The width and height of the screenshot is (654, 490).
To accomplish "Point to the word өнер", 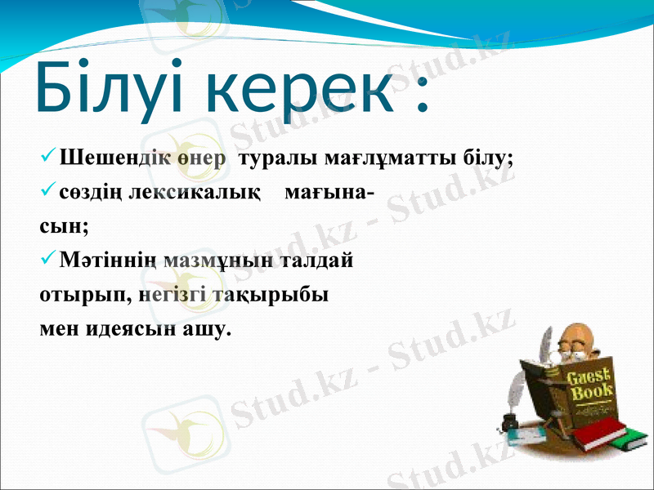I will [x=197, y=158].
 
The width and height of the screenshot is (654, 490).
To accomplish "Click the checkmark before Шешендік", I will [x=47, y=155].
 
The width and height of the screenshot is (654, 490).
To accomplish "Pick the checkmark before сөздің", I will [x=47, y=193].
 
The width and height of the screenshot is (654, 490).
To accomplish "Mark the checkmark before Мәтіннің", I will [x=47, y=261].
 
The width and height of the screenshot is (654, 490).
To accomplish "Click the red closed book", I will [x=601, y=434].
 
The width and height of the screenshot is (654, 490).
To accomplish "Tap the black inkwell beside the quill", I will [x=508, y=422].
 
